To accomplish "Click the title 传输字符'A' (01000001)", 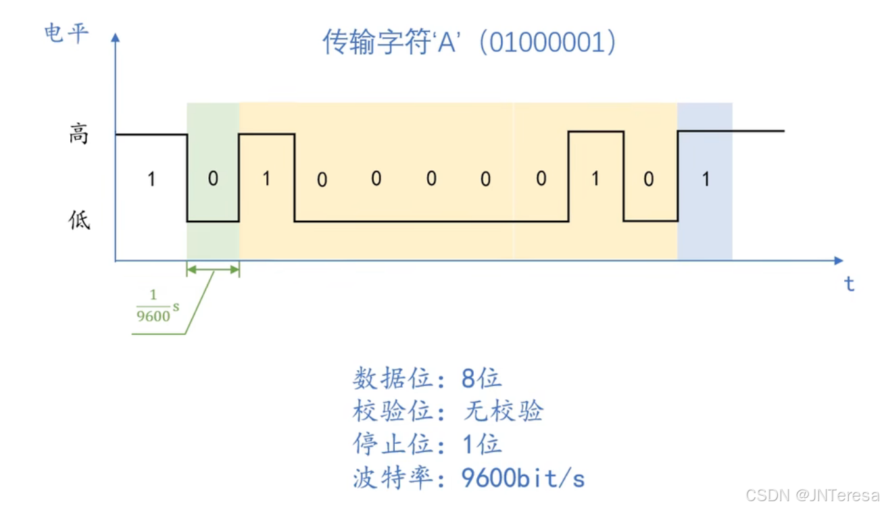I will [x=469, y=43].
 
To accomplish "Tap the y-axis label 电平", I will [x=66, y=32].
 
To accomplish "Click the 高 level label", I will [x=79, y=135].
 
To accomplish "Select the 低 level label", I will [x=79, y=220].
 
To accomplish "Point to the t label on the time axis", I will [x=849, y=284].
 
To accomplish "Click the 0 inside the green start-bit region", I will [x=213, y=179].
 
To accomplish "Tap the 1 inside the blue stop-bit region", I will [x=706, y=179].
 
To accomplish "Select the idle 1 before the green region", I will [x=151, y=180].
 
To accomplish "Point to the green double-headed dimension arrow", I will [x=213, y=270].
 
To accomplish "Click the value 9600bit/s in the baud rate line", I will [x=523, y=478].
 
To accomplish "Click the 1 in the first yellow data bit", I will [x=266, y=179].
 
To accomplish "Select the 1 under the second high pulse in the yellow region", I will [x=595, y=179].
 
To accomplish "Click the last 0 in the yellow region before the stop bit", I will [x=649, y=179].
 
